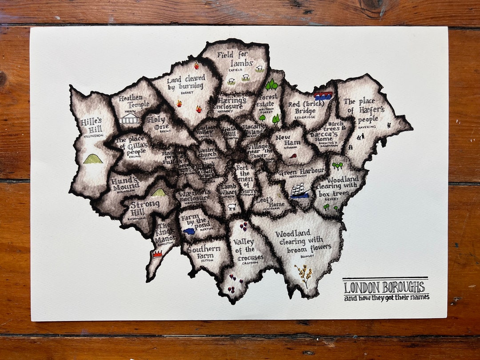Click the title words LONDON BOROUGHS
click(385, 287)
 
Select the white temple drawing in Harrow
click(129, 118)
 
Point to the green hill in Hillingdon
click(93, 159)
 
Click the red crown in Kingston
click(157, 254)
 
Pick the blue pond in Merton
click(189, 231)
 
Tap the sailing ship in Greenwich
click(299, 190)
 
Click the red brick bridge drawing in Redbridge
click(323, 96)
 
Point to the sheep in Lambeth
click(232, 207)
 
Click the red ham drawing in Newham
click(293, 156)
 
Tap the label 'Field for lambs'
click(235, 60)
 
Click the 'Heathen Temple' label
click(131, 101)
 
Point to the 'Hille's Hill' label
click(92, 126)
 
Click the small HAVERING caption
click(367, 127)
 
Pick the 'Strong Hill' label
click(144, 207)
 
